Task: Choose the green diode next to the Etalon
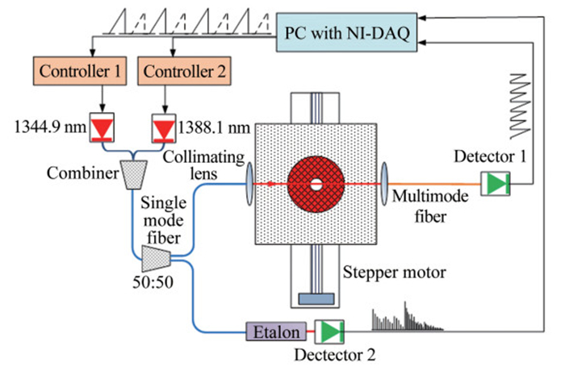pos(329,331)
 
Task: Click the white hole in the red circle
pos(316,184)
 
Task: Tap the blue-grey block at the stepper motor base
pos(316,299)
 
